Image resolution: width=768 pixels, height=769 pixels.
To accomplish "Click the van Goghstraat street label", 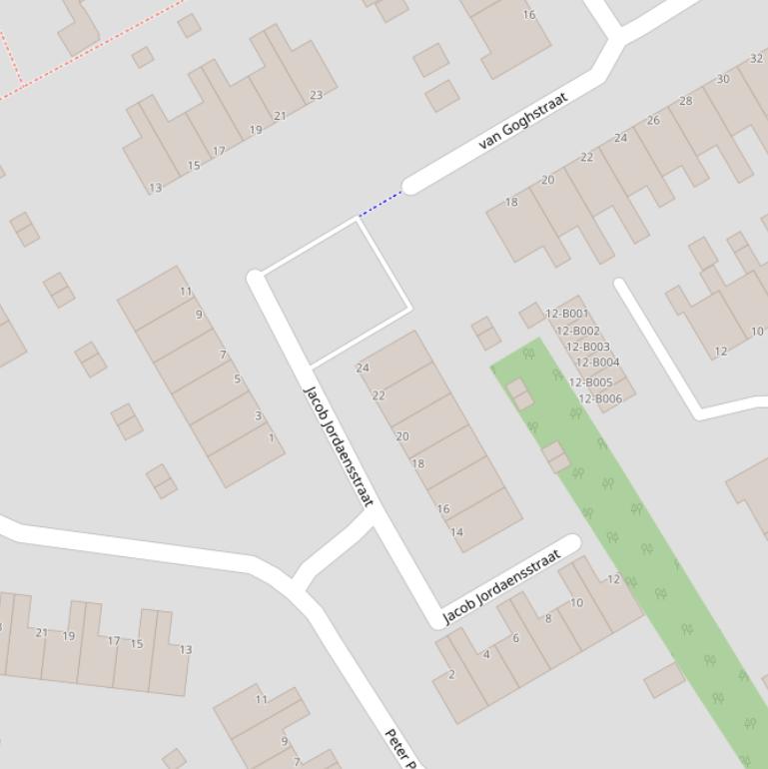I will [x=523, y=121].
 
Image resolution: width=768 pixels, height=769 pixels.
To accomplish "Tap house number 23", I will [x=316, y=96].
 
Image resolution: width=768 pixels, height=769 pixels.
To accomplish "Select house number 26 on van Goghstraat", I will [x=653, y=121].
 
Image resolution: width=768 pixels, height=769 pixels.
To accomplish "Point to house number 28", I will [x=685, y=101].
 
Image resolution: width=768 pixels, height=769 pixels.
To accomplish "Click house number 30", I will [x=722, y=79].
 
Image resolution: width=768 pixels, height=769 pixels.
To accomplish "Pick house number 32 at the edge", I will [x=756, y=59].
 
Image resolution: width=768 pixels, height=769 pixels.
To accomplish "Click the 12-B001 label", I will [x=567, y=315].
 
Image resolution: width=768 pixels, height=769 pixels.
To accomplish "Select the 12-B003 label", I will [x=588, y=348].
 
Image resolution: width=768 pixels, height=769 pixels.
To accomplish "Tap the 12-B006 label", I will [x=600, y=399].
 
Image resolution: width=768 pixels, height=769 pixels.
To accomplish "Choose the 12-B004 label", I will [x=597, y=363].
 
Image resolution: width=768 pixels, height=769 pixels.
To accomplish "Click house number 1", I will [x=271, y=438].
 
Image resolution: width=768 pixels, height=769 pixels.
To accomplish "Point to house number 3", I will [x=258, y=416].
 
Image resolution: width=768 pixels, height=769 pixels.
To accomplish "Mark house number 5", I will [x=237, y=380].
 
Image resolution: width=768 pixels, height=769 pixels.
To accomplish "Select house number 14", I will [x=456, y=532].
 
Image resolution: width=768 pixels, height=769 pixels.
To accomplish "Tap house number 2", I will [x=451, y=675].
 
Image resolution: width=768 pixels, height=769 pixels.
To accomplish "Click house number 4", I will [x=486, y=655].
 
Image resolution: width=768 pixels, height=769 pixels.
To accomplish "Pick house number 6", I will [x=515, y=638].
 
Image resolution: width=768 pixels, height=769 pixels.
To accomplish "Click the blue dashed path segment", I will [x=381, y=204].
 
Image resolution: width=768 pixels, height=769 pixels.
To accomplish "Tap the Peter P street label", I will [x=400, y=749].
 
